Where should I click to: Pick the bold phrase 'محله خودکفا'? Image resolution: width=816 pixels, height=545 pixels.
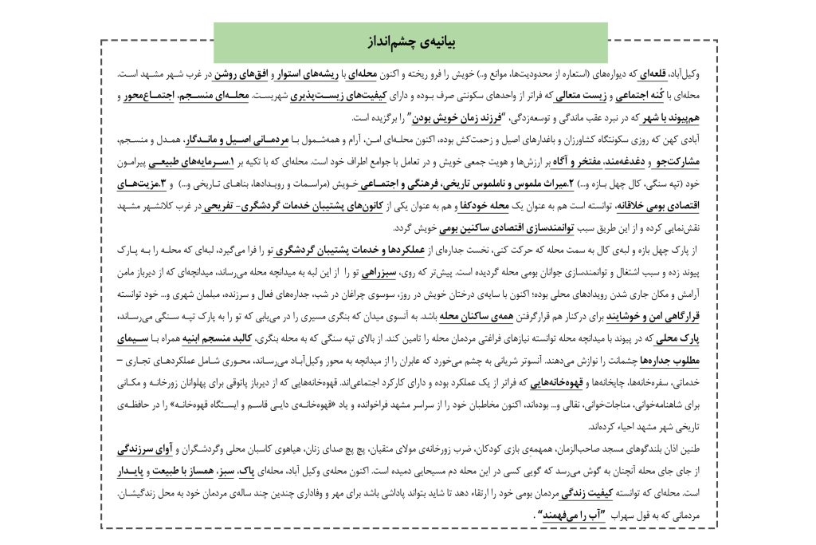click(x=479, y=204)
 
